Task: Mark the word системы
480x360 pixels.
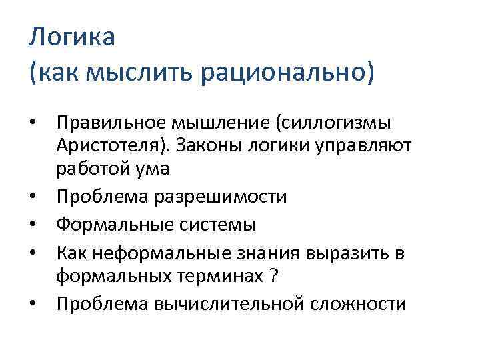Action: [215, 225]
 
